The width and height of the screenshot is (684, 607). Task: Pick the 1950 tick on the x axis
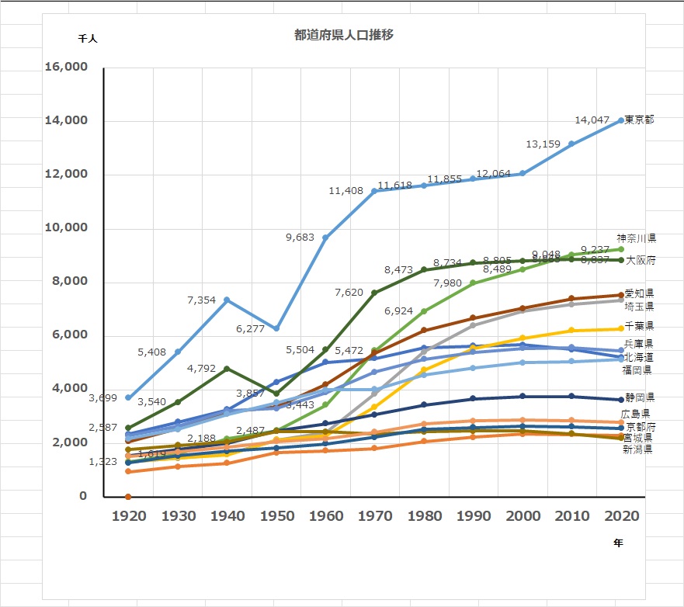276,516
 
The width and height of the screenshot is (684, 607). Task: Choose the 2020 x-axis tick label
620,516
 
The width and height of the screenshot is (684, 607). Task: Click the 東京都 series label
639,120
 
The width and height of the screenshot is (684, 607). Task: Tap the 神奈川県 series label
637,238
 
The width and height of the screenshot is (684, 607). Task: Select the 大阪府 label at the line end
641,260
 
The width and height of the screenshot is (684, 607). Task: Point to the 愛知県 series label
638,293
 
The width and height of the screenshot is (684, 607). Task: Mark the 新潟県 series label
637,449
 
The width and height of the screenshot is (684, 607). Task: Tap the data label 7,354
203,300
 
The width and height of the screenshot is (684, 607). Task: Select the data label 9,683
301,238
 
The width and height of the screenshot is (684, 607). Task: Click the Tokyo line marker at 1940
227,300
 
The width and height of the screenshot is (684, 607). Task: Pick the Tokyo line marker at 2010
571,144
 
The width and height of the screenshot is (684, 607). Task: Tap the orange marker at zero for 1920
128,497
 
